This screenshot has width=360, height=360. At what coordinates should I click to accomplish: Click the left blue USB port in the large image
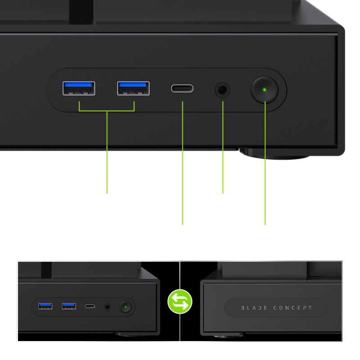pos(79,88)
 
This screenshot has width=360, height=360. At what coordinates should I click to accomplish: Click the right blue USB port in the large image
pos(133,88)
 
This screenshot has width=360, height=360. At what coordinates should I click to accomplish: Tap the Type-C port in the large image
pos(182,88)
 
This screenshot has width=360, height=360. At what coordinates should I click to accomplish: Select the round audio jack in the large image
pos(222,89)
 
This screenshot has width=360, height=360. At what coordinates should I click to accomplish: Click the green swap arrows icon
pos(180,301)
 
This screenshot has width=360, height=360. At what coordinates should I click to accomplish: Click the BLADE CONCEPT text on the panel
pos(276,308)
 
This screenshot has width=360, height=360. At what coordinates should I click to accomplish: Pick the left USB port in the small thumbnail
pos(45,306)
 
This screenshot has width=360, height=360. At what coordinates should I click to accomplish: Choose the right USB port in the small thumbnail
pos(69,306)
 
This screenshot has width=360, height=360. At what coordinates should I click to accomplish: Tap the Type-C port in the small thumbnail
pos(90,306)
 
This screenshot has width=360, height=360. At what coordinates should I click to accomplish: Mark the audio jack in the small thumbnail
pos(107,307)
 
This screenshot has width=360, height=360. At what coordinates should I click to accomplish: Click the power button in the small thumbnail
pos(126,307)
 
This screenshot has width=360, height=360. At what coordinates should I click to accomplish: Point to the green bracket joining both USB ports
pos(107,110)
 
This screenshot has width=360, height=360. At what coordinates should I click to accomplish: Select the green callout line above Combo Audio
pos(223,148)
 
